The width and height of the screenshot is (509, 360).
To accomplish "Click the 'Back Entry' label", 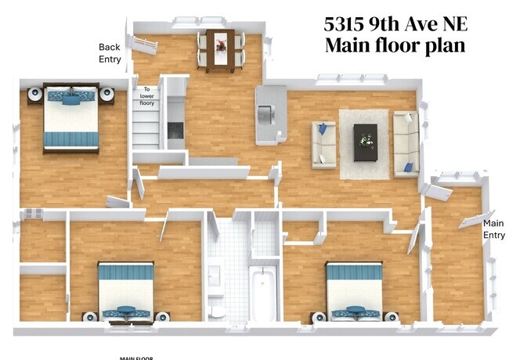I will pos(110,53).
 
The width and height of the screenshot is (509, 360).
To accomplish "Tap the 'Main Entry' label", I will pos(493,229).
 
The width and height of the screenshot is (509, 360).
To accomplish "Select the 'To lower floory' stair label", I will pos(147,95).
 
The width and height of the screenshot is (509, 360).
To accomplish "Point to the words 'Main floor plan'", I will pos(395,45).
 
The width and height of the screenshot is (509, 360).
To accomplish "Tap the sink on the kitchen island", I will pos(266,115).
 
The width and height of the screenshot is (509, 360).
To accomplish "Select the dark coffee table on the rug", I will pos(364,142).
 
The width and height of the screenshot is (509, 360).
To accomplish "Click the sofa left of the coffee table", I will pos(324,144).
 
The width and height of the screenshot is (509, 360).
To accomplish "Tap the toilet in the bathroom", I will pos(217,310).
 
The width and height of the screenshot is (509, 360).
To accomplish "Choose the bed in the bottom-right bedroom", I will pos(354,291).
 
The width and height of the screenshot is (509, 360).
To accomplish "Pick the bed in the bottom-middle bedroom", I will pos(126,291).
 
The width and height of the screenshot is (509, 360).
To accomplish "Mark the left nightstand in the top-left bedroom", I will pos(34,95).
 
